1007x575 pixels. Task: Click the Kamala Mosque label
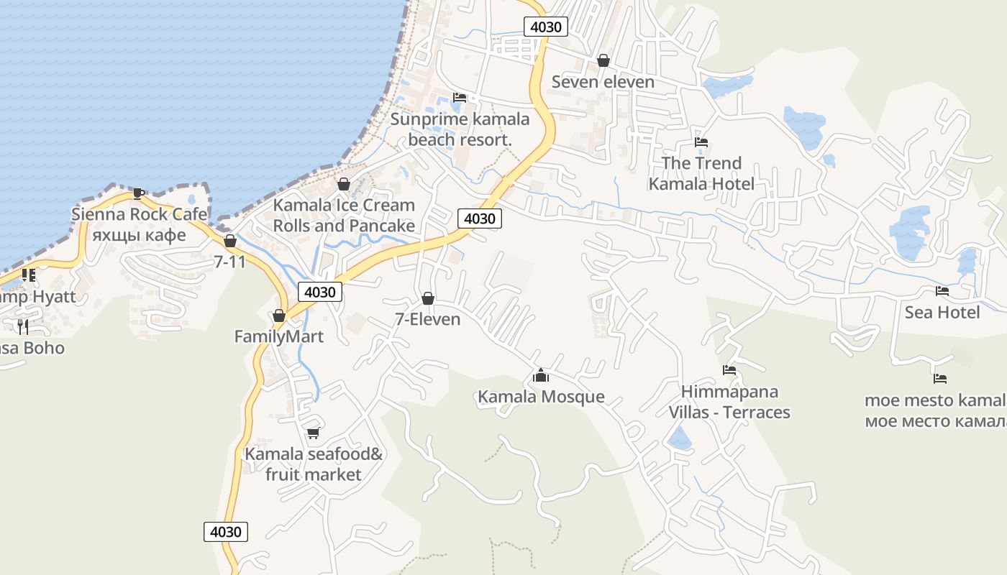(541, 397)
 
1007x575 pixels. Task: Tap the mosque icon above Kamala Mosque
(541, 375)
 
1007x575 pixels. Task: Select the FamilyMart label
(279, 336)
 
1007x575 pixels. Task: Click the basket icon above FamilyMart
(279, 316)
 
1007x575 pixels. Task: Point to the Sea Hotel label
(942, 313)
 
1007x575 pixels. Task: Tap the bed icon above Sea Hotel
(942, 291)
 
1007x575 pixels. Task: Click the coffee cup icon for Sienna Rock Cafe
(139, 193)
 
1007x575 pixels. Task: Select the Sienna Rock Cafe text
(139, 214)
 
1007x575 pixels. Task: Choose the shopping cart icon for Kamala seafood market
(313, 433)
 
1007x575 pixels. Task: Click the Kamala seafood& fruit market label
(313, 464)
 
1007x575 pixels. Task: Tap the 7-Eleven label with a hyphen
(428, 319)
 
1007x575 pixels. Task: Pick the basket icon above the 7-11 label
(230, 241)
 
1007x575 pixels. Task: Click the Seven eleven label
(603, 82)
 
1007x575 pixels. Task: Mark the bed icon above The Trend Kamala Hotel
(701, 142)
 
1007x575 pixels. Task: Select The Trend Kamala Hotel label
(701, 173)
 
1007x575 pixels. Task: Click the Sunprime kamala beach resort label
(460, 129)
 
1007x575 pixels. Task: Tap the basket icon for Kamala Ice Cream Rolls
(344, 184)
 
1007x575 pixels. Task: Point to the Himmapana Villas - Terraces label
(729, 402)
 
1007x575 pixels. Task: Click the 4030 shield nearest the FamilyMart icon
(320, 292)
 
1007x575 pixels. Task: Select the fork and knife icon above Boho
(23, 327)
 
